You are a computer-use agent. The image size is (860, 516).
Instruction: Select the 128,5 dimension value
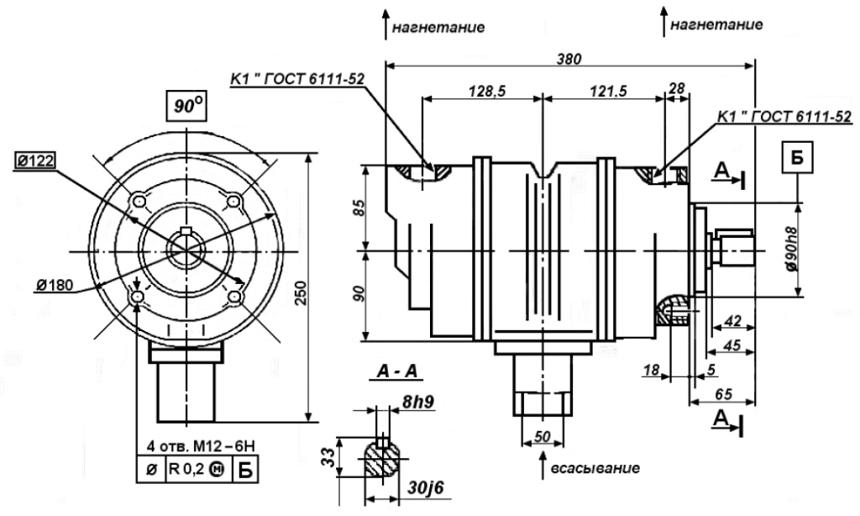pyautogui.click(x=481, y=91)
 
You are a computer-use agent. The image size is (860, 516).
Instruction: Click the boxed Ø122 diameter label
pyautogui.click(x=34, y=160)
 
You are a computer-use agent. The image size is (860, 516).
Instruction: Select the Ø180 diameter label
pyautogui.click(x=55, y=285)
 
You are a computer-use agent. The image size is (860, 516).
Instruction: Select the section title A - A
pyautogui.click(x=400, y=370)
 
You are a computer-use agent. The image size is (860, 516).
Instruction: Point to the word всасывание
pyautogui.click(x=595, y=466)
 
